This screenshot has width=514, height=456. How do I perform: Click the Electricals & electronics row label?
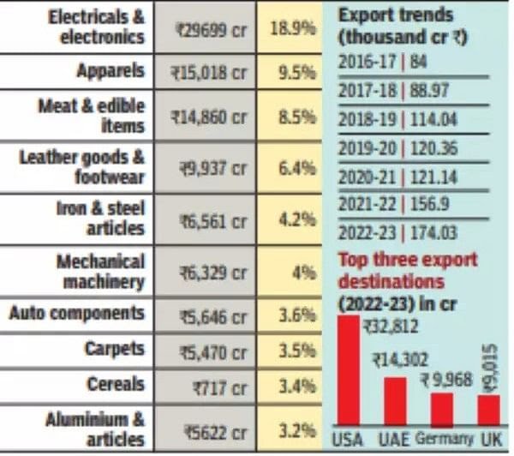click(96, 27)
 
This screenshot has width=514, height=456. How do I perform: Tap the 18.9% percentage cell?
click(293, 29)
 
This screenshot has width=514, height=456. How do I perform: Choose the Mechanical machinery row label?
click(100, 271)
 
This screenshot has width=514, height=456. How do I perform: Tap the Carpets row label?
click(114, 350)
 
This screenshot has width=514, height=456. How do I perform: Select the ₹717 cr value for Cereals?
click(214, 386)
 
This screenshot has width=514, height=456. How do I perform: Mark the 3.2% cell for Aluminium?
click(294, 429)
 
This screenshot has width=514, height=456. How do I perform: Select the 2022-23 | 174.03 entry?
click(385, 233)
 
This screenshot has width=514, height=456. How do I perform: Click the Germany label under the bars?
click(444, 438)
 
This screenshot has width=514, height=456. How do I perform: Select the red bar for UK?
click(487, 409)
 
